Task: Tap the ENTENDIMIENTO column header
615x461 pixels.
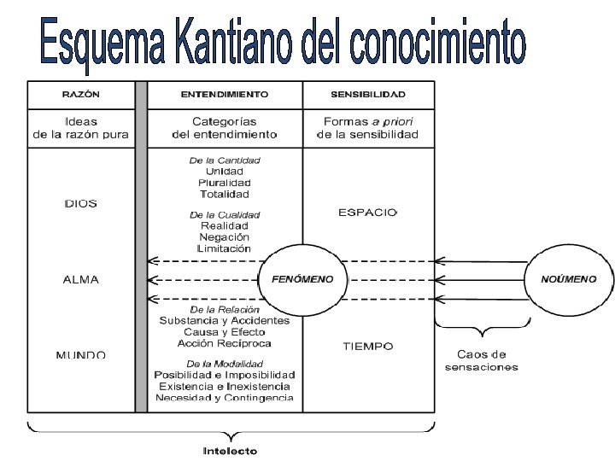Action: pyautogui.click(x=225, y=94)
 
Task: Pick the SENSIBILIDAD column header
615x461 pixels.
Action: pyautogui.click(x=368, y=94)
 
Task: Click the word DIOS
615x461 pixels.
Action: pyautogui.click(x=81, y=203)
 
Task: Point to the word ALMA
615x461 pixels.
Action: pyautogui.click(x=81, y=279)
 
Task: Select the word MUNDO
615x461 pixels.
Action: pyautogui.click(x=81, y=353)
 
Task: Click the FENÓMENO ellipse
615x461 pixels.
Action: pyautogui.click(x=302, y=279)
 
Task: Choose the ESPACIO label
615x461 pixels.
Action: pyautogui.click(x=368, y=212)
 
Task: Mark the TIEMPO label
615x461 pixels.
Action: pyautogui.click(x=368, y=347)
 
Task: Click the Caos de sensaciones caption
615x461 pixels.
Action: pyautogui.click(x=482, y=360)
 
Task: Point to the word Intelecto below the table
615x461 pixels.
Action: pyautogui.click(x=230, y=450)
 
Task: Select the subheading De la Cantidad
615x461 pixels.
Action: pyautogui.click(x=225, y=160)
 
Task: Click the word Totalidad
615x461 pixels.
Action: pyautogui.click(x=225, y=194)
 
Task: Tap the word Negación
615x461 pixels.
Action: pyautogui.click(x=225, y=236)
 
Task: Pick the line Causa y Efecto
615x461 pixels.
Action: pyautogui.click(x=225, y=331)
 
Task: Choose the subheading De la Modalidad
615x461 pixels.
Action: pyautogui.click(x=225, y=364)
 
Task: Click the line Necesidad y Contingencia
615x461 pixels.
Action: pyautogui.click(x=225, y=397)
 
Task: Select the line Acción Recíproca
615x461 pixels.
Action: pyautogui.click(x=225, y=342)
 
